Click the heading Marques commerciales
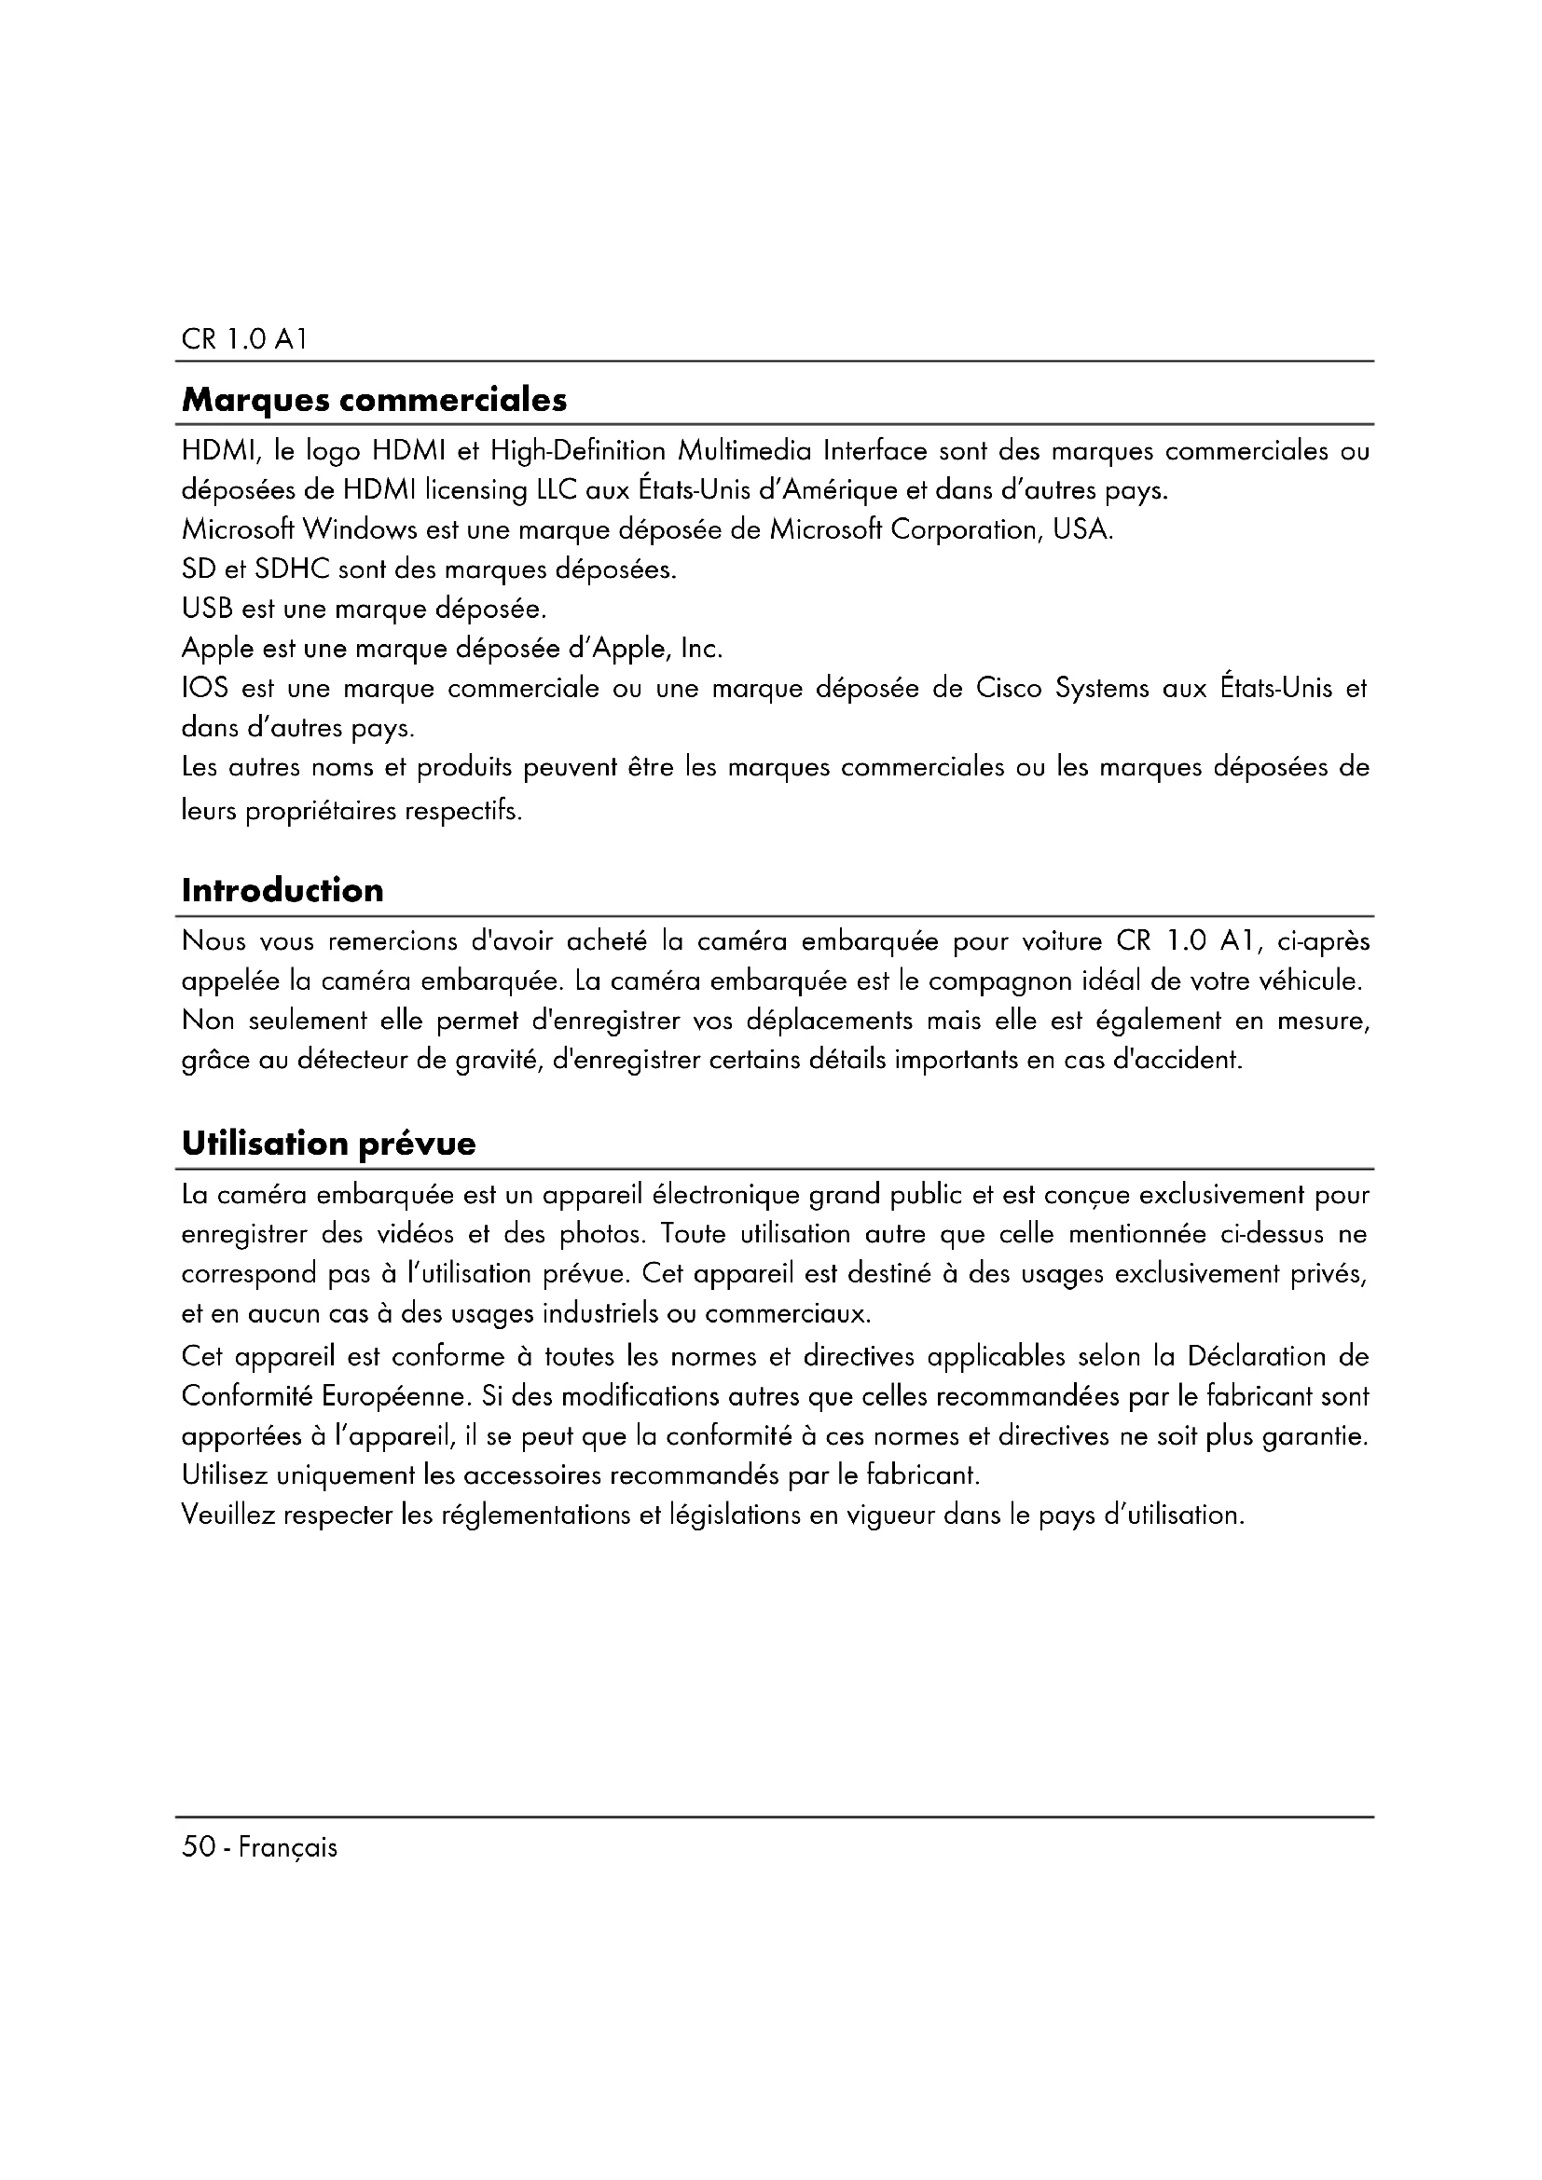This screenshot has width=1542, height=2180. point(374,401)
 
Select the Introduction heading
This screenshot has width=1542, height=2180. point(283,891)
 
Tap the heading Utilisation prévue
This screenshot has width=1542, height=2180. point(328,1144)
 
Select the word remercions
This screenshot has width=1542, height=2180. point(392,942)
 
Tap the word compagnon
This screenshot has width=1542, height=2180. point(1022,981)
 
